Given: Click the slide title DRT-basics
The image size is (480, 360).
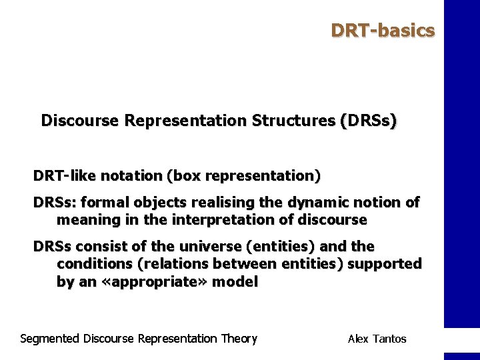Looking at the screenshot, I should [383, 31].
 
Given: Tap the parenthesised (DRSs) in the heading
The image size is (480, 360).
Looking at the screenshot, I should [369, 121].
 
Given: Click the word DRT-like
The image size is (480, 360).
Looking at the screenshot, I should [65, 176].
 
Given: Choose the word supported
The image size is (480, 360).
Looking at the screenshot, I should [385, 264].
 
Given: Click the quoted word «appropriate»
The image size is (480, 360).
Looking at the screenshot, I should [151, 281].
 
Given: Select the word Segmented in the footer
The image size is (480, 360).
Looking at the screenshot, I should [50, 339].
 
